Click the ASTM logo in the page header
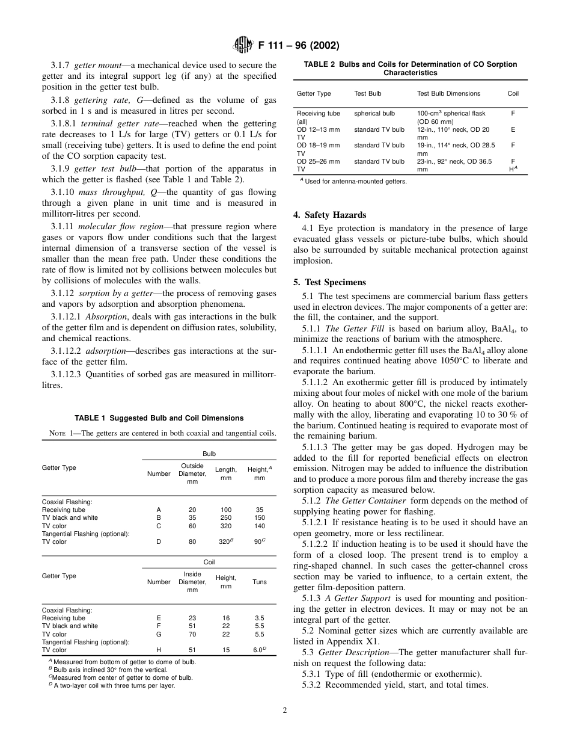243,45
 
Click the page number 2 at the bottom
285,711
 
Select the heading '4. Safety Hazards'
329,215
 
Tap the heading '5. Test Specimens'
329,282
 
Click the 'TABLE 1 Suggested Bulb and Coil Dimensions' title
159,418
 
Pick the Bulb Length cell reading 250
225,517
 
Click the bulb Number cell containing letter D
159,541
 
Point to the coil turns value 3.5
260,618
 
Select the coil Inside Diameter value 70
192,634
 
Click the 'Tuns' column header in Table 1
260,582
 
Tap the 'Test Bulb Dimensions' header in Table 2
448,93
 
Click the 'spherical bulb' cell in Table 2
374,113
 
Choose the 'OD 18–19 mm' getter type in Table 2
318,145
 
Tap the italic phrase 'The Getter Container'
361,501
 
